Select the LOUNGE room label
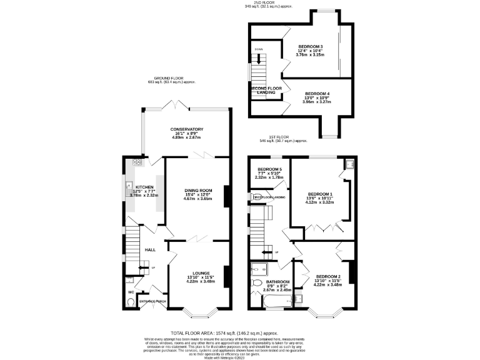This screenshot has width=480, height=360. pos(201,272)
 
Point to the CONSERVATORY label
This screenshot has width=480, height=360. pos(187,129)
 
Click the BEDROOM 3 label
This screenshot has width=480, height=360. pos(310,47)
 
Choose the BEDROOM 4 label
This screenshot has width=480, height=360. pos(317,94)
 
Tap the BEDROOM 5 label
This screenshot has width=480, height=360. pos(269,169)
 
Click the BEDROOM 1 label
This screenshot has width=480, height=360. pos(320,194)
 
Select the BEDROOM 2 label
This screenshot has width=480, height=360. pos(328,276)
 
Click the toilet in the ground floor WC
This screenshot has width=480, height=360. pos(129,302)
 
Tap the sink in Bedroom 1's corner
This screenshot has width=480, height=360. pos(349,164)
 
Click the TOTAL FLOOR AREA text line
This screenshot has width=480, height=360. pos(224,334)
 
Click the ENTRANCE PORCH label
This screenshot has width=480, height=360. pos(152,301)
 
